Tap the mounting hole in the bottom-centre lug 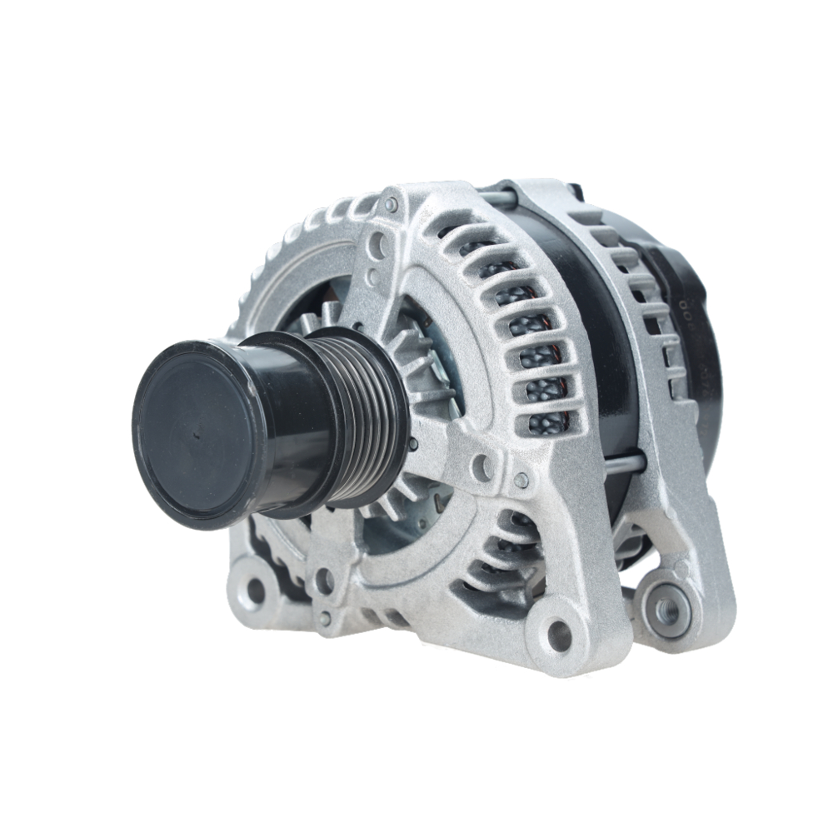pyautogui.click(x=559, y=635)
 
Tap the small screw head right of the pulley pyautogui.click(x=521, y=480)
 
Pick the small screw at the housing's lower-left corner pyautogui.click(x=325, y=618)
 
